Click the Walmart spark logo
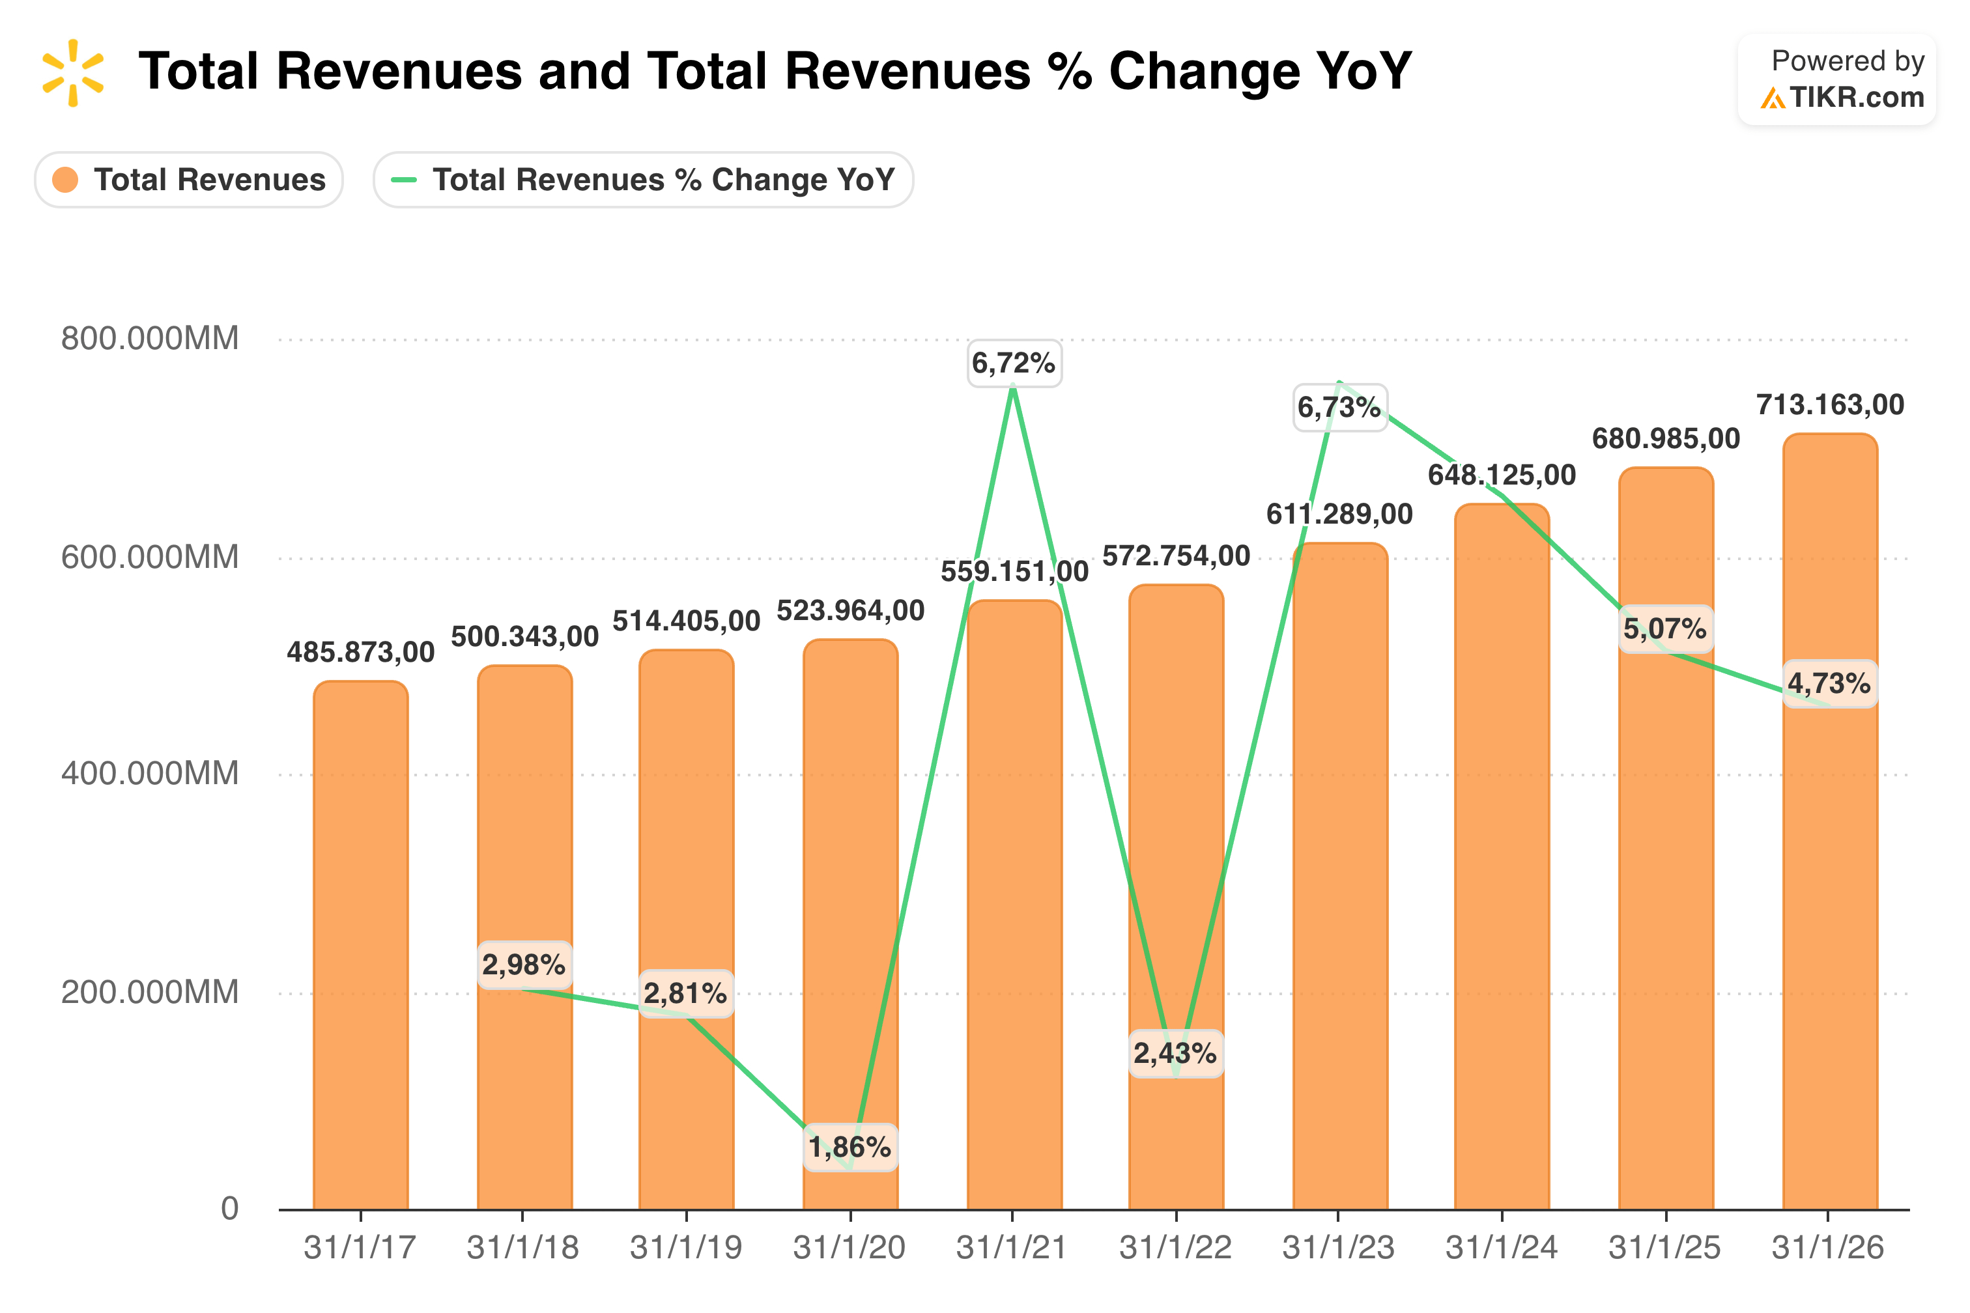pos(73,73)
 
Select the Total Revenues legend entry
pos(188,180)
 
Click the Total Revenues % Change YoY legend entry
pos(642,180)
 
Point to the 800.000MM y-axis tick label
pos(150,338)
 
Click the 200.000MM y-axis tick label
pos(150,993)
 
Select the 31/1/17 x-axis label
pos(360,1248)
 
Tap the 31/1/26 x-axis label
pos(1827,1248)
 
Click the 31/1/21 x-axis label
pos(1012,1248)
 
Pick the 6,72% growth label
pos(1014,363)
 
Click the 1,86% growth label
pos(850,1147)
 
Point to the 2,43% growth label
pos(1176,1053)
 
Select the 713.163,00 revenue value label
pos(1830,405)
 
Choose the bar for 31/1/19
pos(687,929)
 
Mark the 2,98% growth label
pos(524,965)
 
